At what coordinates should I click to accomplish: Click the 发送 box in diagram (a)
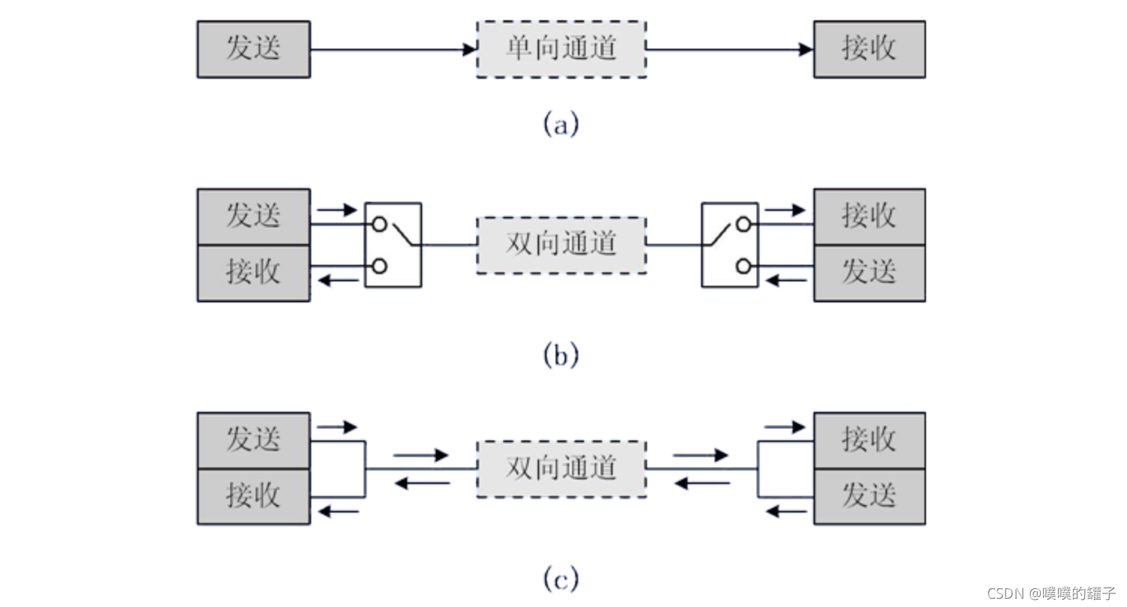click(253, 50)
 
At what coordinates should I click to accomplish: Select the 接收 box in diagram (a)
click(869, 50)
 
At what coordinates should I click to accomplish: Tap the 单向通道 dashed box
click(561, 50)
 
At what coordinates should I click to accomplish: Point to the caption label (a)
click(561, 123)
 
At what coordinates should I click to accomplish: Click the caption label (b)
click(561, 355)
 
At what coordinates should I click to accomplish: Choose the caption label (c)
click(561, 578)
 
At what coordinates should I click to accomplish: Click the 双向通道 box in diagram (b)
click(561, 245)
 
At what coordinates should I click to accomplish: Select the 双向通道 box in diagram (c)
click(561, 469)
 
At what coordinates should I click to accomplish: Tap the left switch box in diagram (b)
click(393, 245)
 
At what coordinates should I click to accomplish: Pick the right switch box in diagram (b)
click(730, 245)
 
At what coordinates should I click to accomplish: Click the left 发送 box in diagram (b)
click(253, 217)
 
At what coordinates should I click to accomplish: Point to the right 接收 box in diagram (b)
click(869, 217)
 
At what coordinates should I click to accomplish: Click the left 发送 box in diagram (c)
click(253, 440)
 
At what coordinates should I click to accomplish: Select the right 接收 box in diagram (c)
click(869, 440)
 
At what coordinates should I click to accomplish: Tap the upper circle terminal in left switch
click(380, 224)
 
